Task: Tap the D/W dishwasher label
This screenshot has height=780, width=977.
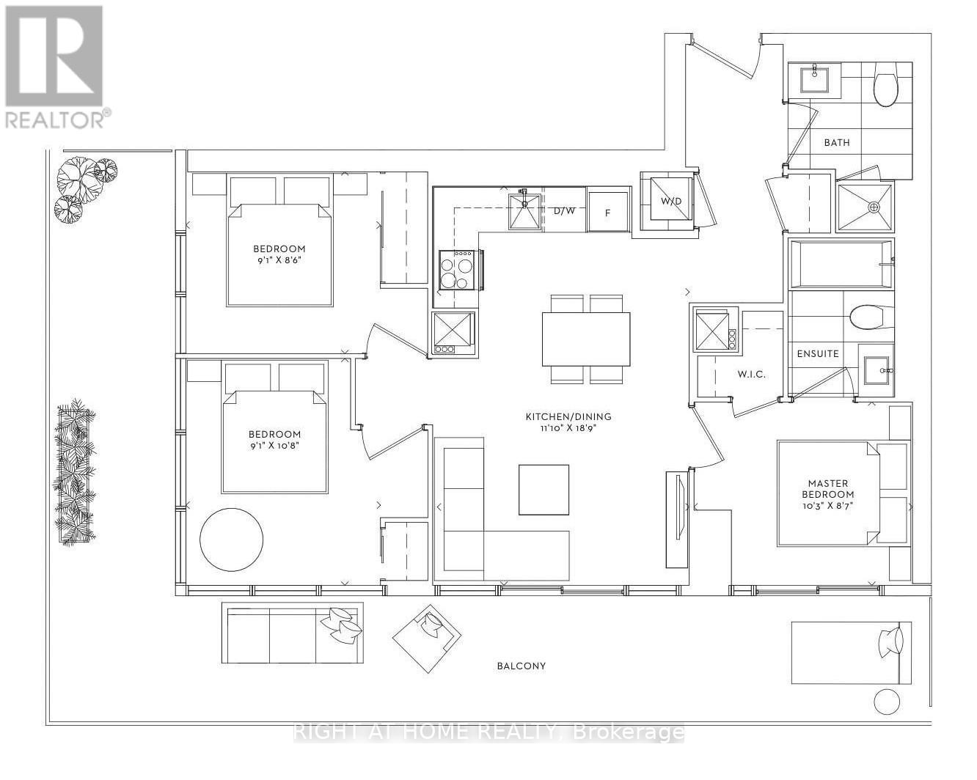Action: [x=564, y=211]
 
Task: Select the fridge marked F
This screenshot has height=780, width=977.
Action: [x=608, y=212]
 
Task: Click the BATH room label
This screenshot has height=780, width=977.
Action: [x=836, y=142]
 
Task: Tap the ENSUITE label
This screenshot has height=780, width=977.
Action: [x=818, y=353]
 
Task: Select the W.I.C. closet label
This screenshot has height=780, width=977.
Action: [x=751, y=374]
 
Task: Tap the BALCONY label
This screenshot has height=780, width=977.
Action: [x=521, y=666]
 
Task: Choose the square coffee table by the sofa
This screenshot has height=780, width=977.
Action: [x=544, y=490]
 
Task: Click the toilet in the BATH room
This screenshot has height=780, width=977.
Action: [x=886, y=87]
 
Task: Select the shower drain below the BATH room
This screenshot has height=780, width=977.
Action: [x=874, y=207]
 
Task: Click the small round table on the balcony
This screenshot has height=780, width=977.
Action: [x=886, y=702]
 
